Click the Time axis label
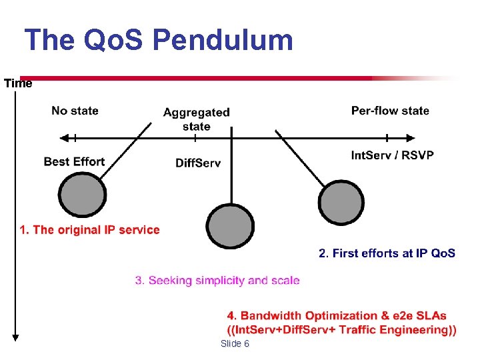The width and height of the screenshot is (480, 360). tap(18, 83)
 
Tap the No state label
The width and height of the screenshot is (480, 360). tap(75, 111)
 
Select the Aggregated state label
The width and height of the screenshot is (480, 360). tap(196, 119)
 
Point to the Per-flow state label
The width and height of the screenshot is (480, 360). tap(390, 111)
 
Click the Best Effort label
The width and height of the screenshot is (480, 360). tap(74, 161)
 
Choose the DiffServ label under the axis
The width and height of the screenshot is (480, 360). tap(198, 163)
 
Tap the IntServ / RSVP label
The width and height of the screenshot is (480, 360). tap(392, 155)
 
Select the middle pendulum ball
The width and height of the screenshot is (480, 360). tap(230, 224)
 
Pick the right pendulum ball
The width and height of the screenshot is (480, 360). tap(341, 201)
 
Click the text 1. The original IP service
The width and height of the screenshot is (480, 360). tap(89, 230)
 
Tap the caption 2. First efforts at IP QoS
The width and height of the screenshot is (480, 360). tap(387, 253)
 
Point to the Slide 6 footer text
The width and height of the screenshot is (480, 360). tap(235, 343)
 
